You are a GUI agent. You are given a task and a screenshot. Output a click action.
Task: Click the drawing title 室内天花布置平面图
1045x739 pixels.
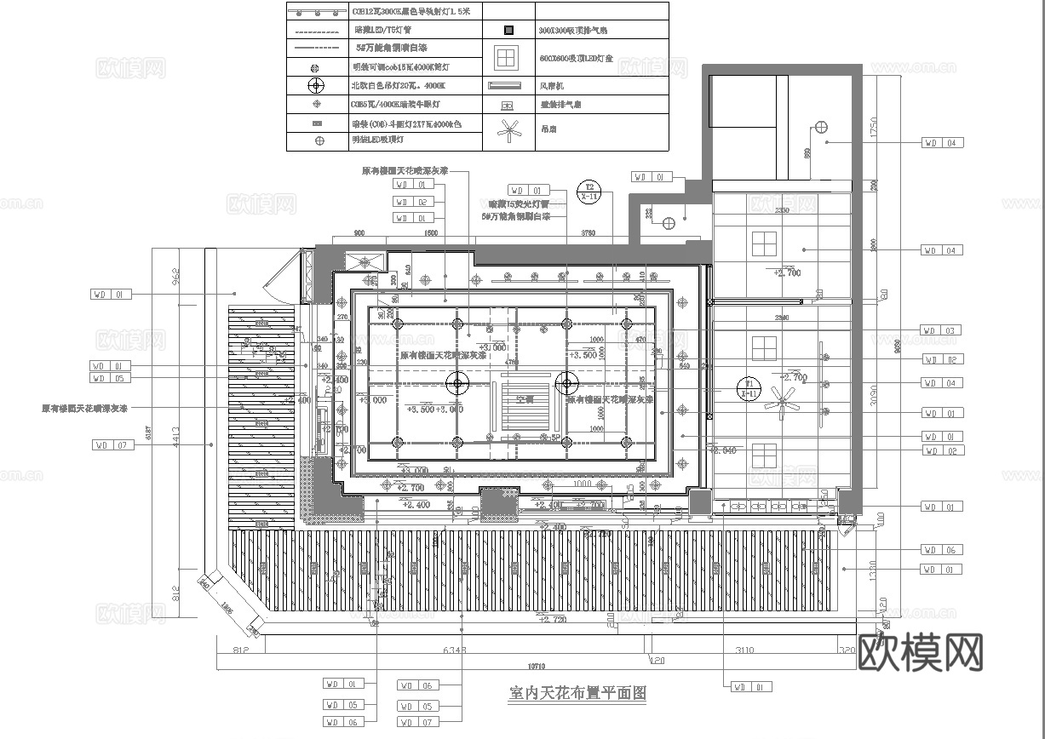pos(577,693)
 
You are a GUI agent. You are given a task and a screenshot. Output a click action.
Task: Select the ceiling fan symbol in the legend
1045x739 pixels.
pos(509,130)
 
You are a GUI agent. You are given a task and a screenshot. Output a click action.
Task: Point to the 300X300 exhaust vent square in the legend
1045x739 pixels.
pos(508,30)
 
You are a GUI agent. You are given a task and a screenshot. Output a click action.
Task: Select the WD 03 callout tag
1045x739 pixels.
pos(943,330)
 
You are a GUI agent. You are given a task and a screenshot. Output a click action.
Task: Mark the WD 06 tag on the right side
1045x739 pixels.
pos(943,550)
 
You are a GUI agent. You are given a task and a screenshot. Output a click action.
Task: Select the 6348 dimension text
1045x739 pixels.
pos(456,652)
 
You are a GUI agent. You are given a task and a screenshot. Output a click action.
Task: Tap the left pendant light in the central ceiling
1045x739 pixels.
pos(457,383)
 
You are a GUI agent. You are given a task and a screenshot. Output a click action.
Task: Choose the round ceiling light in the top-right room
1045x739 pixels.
pos(821,127)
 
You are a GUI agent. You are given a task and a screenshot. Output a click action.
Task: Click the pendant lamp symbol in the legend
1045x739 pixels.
pos(317,85)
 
